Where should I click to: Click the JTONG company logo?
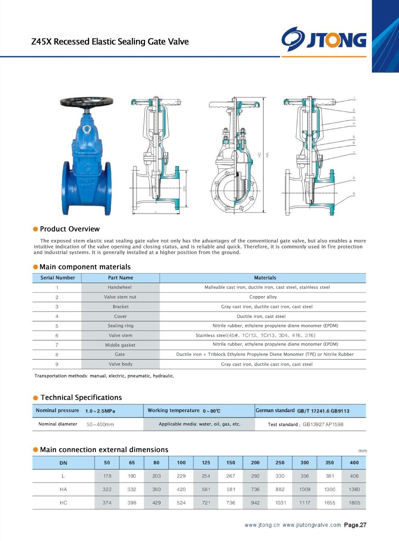pyautogui.click(x=324, y=40)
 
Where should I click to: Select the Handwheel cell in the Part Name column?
pyautogui.click(x=120, y=287)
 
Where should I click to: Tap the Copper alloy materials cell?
pyautogui.click(x=263, y=297)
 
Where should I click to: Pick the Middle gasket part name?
pyautogui.click(x=120, y=345)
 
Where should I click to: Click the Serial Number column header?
pyautogui.click(x=57, y=278)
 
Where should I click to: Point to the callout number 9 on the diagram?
pyautogui.click(x=354, y=194)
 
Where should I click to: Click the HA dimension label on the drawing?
pyautogui.click(x=267, y=155)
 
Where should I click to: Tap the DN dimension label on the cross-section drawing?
pyautogui.click(x=184, y=189)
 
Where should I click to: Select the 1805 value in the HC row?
pyautogui.click(x=354, y=503)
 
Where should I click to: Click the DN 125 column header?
pyautogui.click(x=206, y=463)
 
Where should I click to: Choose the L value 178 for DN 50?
pyautogui.click(x=107, y=476)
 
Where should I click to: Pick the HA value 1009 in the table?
pyautogui.click(x=305, y=489)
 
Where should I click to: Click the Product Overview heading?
pyautogui.click(x=70, y=229)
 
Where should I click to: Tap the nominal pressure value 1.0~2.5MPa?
pyautogui.click(x=100, y=411)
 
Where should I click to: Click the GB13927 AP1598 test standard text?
pyautogui.click(x=323, y=424)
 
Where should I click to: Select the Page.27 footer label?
pyautogui.click(x=355, y=525)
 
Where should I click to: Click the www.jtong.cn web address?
pyautogui.click(x=262, y=525)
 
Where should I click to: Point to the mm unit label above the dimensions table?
pyautogui.click(x=362, y=451)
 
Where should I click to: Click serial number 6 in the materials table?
pyautogui.click(x=57, y=336)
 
